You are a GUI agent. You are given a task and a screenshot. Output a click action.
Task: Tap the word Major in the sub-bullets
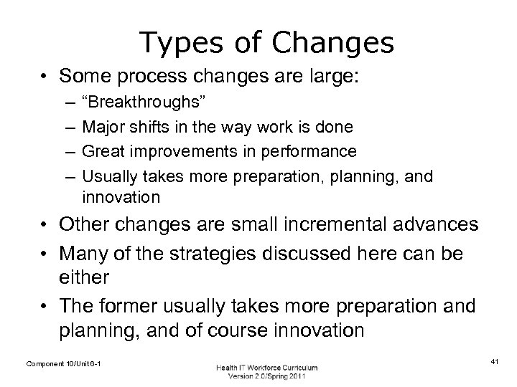(x=101, y=127)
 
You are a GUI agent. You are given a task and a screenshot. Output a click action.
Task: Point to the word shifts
(x=144, y=127)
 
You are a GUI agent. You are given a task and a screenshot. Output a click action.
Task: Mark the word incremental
(x=321, y=224)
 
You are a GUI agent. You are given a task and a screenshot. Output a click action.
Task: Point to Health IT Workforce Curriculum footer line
(x=266, y=367)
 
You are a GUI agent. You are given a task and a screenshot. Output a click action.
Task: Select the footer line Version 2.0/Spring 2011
(x=266, y=376)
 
